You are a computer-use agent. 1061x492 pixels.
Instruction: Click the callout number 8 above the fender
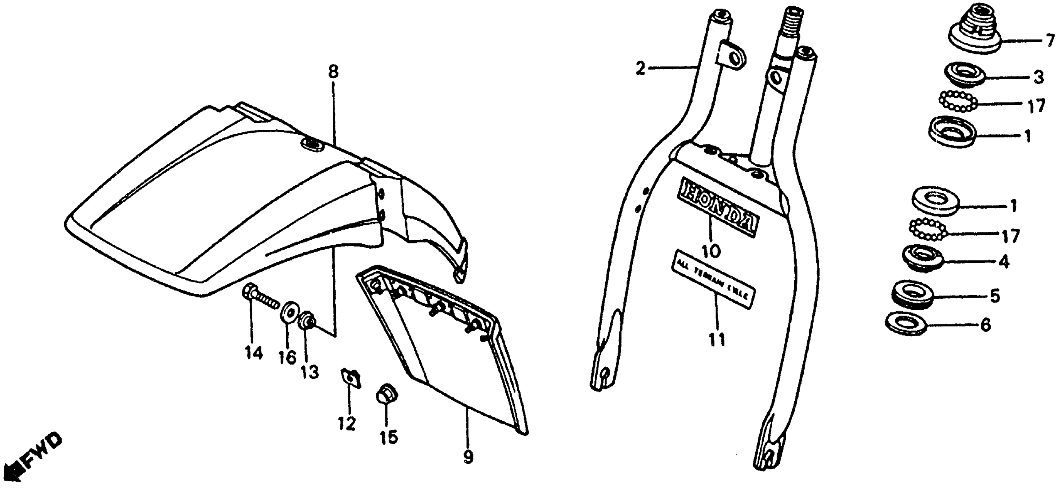(x=333, y=72)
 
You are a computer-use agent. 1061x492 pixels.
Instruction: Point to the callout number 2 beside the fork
(x=640, y=68)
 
